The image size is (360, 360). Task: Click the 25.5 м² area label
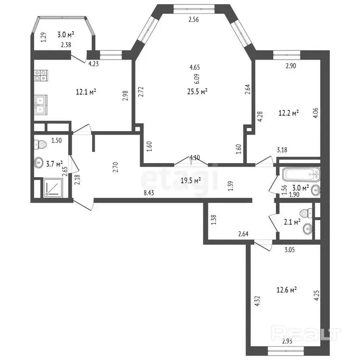coord(197,92)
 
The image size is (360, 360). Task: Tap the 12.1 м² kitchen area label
coord(86,92)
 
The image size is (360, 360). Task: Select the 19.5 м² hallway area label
coord(191,180)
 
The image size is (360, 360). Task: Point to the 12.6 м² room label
coord(287,289)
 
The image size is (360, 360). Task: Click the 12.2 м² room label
coord(288,113)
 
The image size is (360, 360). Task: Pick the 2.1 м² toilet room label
coord(292,222)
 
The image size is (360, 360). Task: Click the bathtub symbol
coord(301,175)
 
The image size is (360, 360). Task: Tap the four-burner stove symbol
coord(41,75)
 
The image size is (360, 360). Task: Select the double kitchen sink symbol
coord(41,105)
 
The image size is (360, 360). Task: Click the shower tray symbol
coord(53,187)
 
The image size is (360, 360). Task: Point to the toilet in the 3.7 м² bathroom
coord(41,144)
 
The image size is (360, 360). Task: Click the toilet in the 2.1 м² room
coord(306,213)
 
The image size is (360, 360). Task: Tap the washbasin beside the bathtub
coord(316,190)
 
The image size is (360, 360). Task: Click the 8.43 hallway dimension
coord(149,192)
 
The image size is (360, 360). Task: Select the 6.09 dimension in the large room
coord(197,79)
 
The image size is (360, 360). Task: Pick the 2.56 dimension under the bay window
coord(193,20)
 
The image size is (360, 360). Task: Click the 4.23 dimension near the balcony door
coord(94,63)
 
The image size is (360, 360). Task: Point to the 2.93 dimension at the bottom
coord(287,341)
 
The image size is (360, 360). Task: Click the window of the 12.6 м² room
coord(286,350)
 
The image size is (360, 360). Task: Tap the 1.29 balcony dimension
coord(43,37)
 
